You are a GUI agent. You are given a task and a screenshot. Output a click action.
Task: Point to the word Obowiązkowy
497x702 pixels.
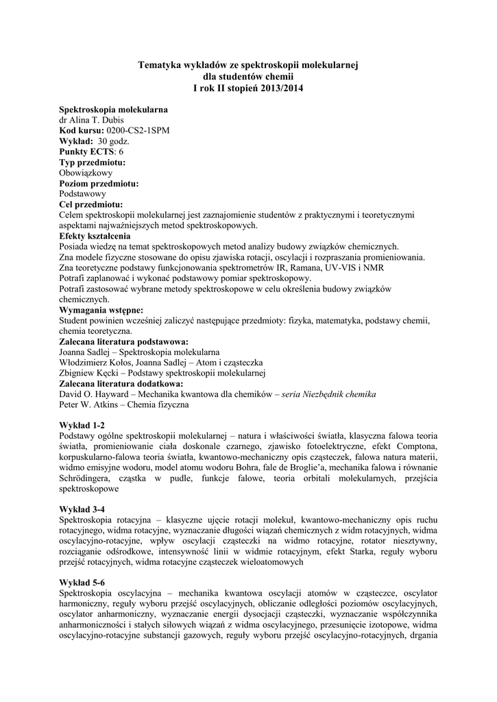click(x=86, y=173)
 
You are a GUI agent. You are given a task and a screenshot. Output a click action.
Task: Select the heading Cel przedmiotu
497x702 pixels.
click(x=91, y=204)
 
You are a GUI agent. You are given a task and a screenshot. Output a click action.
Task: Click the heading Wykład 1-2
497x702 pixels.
click(x=82, y=425)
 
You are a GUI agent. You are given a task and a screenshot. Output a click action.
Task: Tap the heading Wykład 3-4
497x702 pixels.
click(x=82, y=509)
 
